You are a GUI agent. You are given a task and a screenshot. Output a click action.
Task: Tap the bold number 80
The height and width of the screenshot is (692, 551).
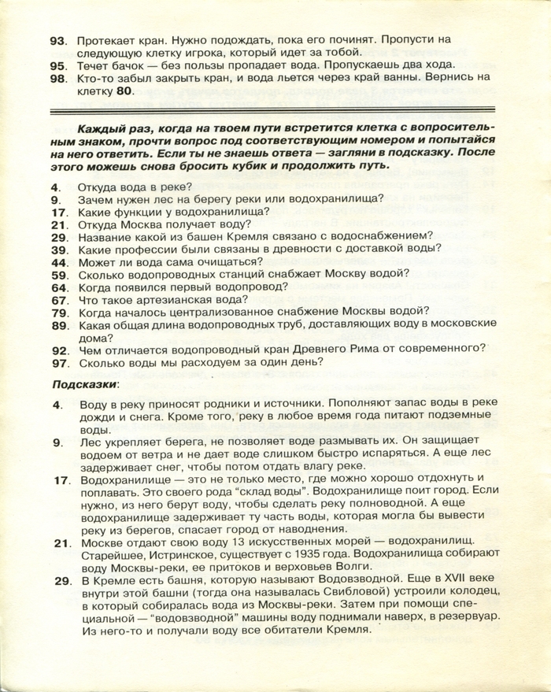(x=125, y=91)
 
